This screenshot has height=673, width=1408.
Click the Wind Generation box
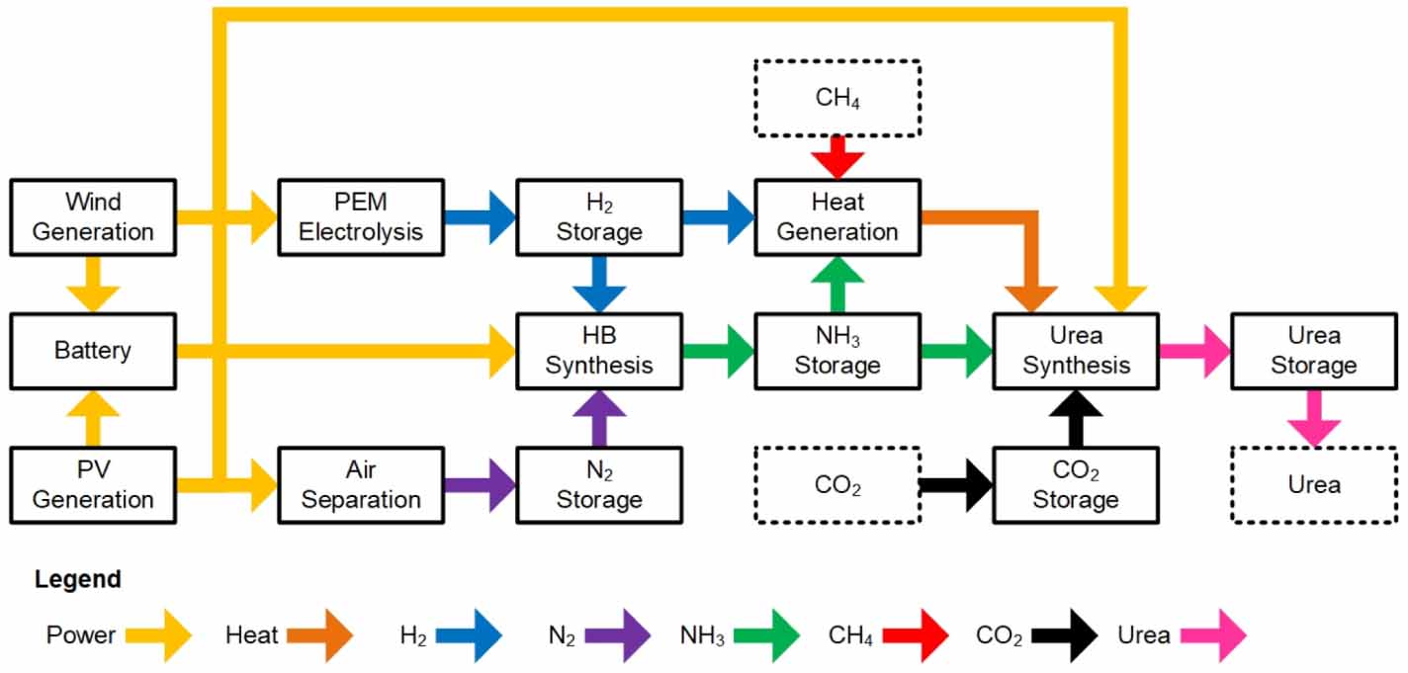(x=93, y=217)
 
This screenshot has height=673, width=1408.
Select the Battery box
(x=93, y=351)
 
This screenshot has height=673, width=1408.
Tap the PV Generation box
(x=93, y=484)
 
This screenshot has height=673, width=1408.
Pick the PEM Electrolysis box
(x=361, y=217)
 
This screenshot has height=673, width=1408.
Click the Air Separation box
(x=361, y=484)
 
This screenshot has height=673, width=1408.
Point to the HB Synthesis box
(x=599, y=351)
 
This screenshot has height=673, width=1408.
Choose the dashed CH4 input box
(x=837, y=98)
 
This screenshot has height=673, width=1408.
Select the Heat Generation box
(x=837, y=217)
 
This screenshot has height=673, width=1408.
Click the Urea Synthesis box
(x=1076, y=351)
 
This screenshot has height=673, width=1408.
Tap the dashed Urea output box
(x=1313, y=484)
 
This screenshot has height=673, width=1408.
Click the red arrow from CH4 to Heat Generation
(x=837, y=157)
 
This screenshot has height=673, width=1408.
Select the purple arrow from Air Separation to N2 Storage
(x=480, y=485)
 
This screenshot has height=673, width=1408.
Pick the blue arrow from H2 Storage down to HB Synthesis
(x=599, y=285)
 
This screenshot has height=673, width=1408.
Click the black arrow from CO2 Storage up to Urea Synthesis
(x=1076, y=417)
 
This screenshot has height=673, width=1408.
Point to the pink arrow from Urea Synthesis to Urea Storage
(x=1193, y=351)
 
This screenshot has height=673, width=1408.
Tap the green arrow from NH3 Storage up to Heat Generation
(x=837, y=285)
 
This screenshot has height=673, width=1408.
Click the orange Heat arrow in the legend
(x=318, y=635)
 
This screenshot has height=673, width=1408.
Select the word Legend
(x=78, y=579)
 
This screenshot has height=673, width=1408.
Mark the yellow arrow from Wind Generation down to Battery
(x=93, y=285)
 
